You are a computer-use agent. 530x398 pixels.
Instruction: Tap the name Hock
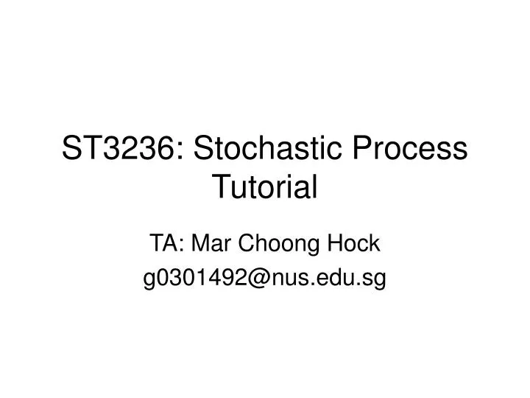click(x=354, y=243)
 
